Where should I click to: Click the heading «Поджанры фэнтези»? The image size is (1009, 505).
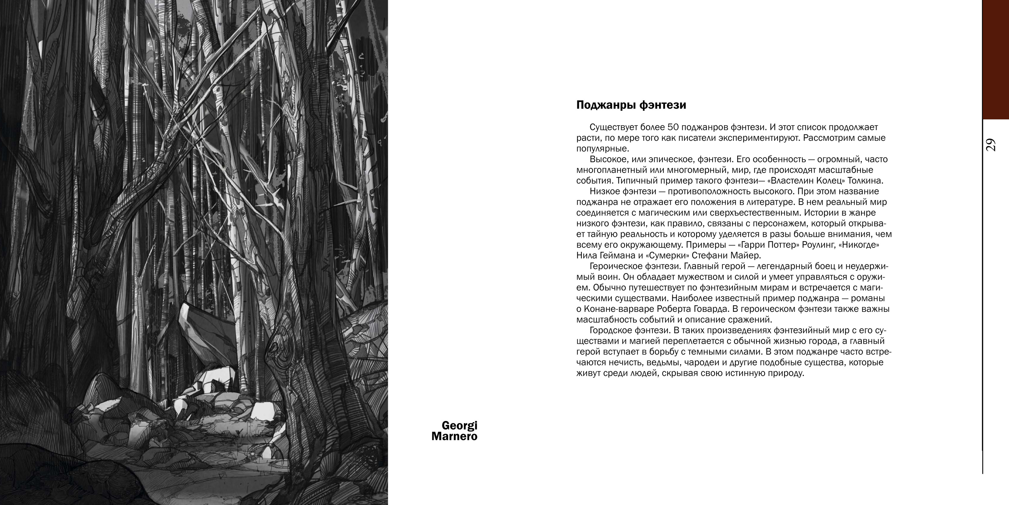[631, 105]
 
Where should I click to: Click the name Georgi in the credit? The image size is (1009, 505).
[459, 425]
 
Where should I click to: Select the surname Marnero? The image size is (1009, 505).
[454, 437]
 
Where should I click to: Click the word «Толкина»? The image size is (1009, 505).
[870, 181]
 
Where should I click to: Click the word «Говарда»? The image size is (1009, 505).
[718, 309]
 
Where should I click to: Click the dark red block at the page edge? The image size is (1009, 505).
[995, 59]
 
